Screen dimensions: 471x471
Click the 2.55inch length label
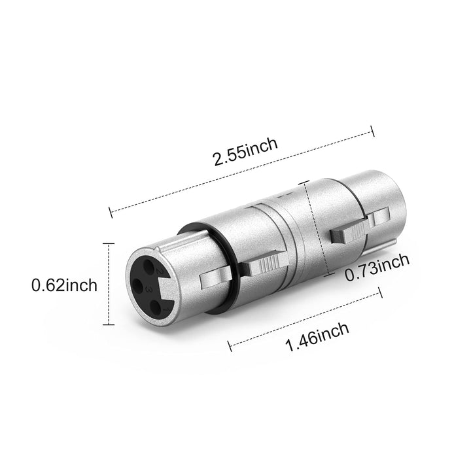click(x=245, y=152)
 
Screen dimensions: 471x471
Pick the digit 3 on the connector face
click(x=151, y=288)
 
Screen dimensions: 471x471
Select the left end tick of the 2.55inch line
click(x=111, y=211)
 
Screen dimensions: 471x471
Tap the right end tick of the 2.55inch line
click(x=372, y=130)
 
